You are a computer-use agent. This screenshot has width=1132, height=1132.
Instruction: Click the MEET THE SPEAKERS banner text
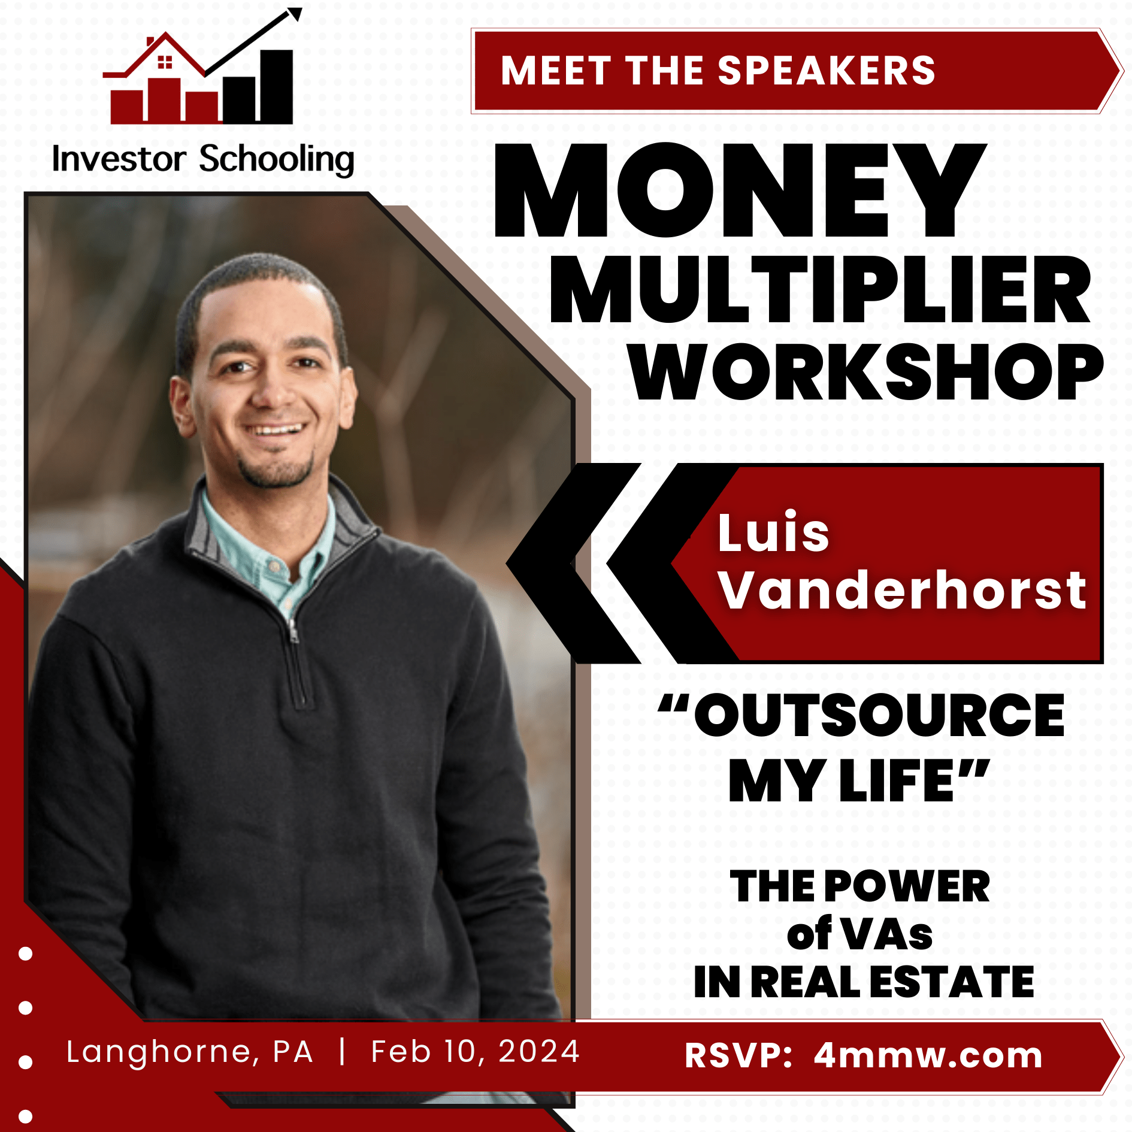pyautogui.click(x=718, y=71)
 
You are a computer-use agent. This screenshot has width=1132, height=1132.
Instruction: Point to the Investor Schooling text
pyautogui.click(x=203, y=159)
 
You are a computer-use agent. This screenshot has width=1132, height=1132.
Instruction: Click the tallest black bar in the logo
pyautogui.click(x=277, y=86)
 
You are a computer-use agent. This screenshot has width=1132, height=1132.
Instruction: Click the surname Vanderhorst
pyautogui.click(x=902, y=590)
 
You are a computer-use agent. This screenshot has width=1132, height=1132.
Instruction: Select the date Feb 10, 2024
pyautogui.click(x=476, y=1052)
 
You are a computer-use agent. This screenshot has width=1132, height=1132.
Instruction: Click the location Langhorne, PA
pyautogui.click(x=190, y=1052)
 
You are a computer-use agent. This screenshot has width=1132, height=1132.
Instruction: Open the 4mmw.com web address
pyautogui.click(x=928, y=1055)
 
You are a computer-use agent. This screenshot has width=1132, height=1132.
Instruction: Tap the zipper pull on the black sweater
pyautogui.click(x=293, y=631)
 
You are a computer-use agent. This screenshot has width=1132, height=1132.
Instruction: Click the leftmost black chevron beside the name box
pyautogui.click(x=573, y=564)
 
